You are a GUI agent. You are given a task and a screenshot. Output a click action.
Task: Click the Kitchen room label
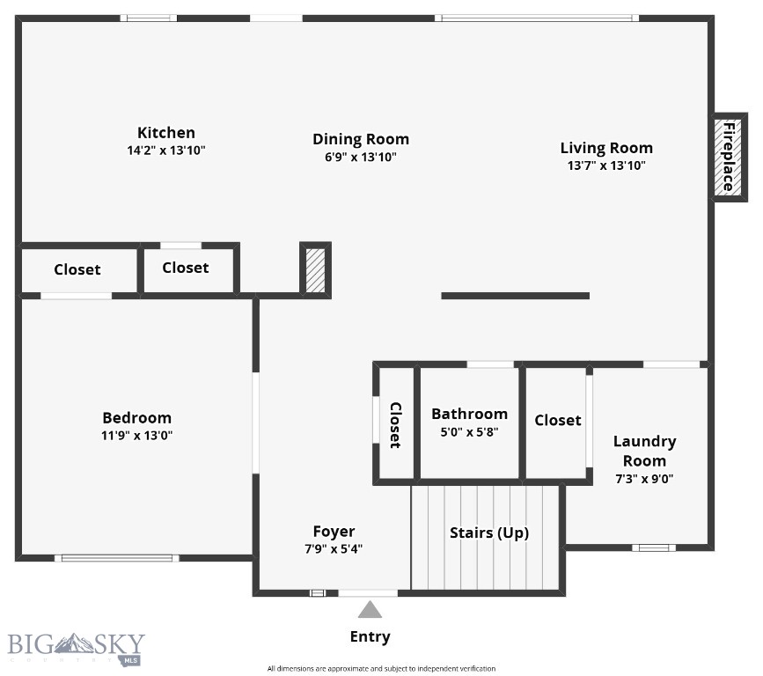[x=165, y=133]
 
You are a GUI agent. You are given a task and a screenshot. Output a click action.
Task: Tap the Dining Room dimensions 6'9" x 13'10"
[x=361, y=157]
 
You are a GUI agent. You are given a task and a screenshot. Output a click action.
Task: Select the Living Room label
[x=606, y=147]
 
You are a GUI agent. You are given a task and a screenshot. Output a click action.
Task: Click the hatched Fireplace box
[x=728, y=158]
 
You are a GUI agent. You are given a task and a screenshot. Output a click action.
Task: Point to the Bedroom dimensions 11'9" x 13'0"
[x=136, y=435]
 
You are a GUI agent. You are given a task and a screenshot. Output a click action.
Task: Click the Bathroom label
[x=469, y=414]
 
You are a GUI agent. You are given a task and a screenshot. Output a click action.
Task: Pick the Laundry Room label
[x=644, y=451]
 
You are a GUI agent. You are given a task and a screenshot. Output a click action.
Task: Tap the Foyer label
[x=334, y=531]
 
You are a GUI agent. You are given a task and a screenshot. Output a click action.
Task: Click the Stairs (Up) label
[x=489, y=533]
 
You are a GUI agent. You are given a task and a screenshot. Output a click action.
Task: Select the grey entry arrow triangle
[x=370, y=609]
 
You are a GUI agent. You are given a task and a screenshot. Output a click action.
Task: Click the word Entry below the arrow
[x=370, y=636]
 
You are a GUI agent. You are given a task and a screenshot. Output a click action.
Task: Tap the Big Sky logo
[x=76, y=648]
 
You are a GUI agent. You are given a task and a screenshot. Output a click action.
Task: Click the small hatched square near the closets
[x=315, y=270]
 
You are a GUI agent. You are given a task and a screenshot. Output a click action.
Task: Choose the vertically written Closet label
[x=395, y=424]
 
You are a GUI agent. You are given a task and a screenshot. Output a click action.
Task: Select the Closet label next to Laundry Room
[x=557, y=420]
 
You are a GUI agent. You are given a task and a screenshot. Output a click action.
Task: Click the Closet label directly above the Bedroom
[x=77, y=269]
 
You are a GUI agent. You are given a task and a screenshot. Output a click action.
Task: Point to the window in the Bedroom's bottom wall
[x=116, y=557]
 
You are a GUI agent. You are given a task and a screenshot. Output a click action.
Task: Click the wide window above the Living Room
[x=535, y=18]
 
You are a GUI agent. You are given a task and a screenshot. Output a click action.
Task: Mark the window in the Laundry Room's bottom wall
[x=654, y=547]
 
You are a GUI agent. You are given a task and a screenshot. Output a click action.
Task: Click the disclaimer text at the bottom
[x=381, y=669]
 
